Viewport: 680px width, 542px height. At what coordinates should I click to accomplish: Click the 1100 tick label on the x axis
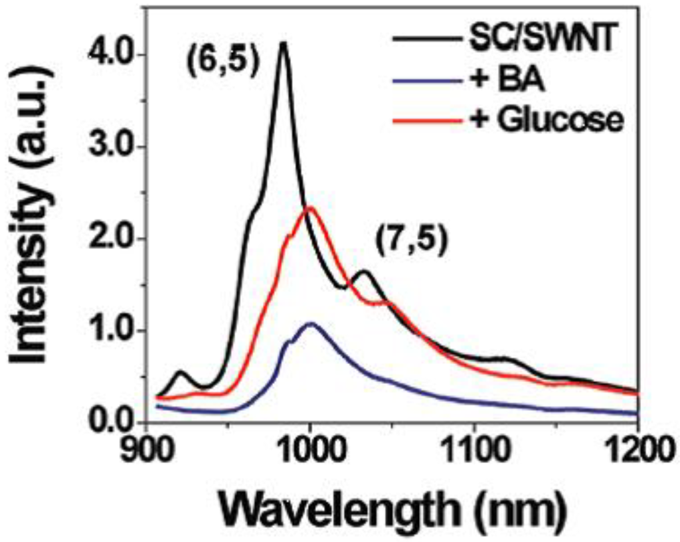pos(473,454)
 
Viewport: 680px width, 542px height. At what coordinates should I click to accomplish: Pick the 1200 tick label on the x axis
pos(636,454)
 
